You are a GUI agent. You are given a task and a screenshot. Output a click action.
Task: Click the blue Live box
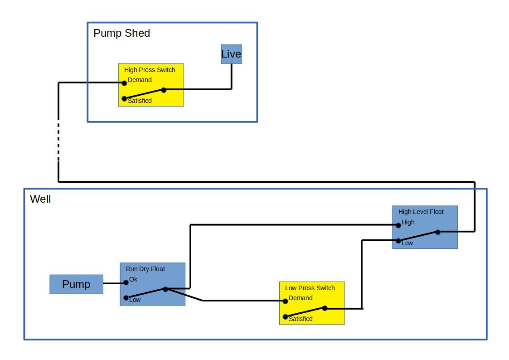[x=231, y=54]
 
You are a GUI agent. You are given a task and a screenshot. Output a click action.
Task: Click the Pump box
[x=76, y=284]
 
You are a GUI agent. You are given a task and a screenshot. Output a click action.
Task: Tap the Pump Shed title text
[x=121, y=33]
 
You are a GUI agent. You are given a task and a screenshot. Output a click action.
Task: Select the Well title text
[x=40, y=199]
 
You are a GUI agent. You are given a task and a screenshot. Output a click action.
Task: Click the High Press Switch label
[x=150, y=70]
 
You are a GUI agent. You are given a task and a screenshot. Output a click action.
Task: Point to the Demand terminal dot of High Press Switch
[x=124, y=83]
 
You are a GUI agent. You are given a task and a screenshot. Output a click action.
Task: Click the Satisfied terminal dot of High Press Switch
[x=124, y=98]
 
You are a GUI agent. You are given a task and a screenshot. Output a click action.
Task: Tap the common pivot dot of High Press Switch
[x=164, y=90]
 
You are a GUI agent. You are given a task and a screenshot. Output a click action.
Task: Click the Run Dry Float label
[x=145, y=269]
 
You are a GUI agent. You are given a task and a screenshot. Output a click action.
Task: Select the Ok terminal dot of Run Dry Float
[x=126, y=282]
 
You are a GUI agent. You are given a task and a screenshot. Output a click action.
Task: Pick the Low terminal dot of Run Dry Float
[x=126, y=298]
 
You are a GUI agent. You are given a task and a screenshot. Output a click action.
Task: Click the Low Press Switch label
[x=310, y=288]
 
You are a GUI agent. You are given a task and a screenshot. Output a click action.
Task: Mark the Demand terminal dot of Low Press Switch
[x=285, y=301]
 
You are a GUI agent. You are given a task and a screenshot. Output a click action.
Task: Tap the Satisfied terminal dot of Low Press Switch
[x=285, y=316]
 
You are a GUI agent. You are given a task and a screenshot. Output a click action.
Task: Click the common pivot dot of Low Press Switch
[x=325, y=308]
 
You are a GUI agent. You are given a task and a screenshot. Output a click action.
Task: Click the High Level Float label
[x=421, y=212]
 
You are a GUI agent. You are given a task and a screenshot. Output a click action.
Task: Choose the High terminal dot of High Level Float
[x=398, y=225]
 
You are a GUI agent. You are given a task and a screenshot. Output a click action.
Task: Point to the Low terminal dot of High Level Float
[x=398, y=241]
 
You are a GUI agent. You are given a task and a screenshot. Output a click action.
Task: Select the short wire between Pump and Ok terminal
[x=114, y=283]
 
